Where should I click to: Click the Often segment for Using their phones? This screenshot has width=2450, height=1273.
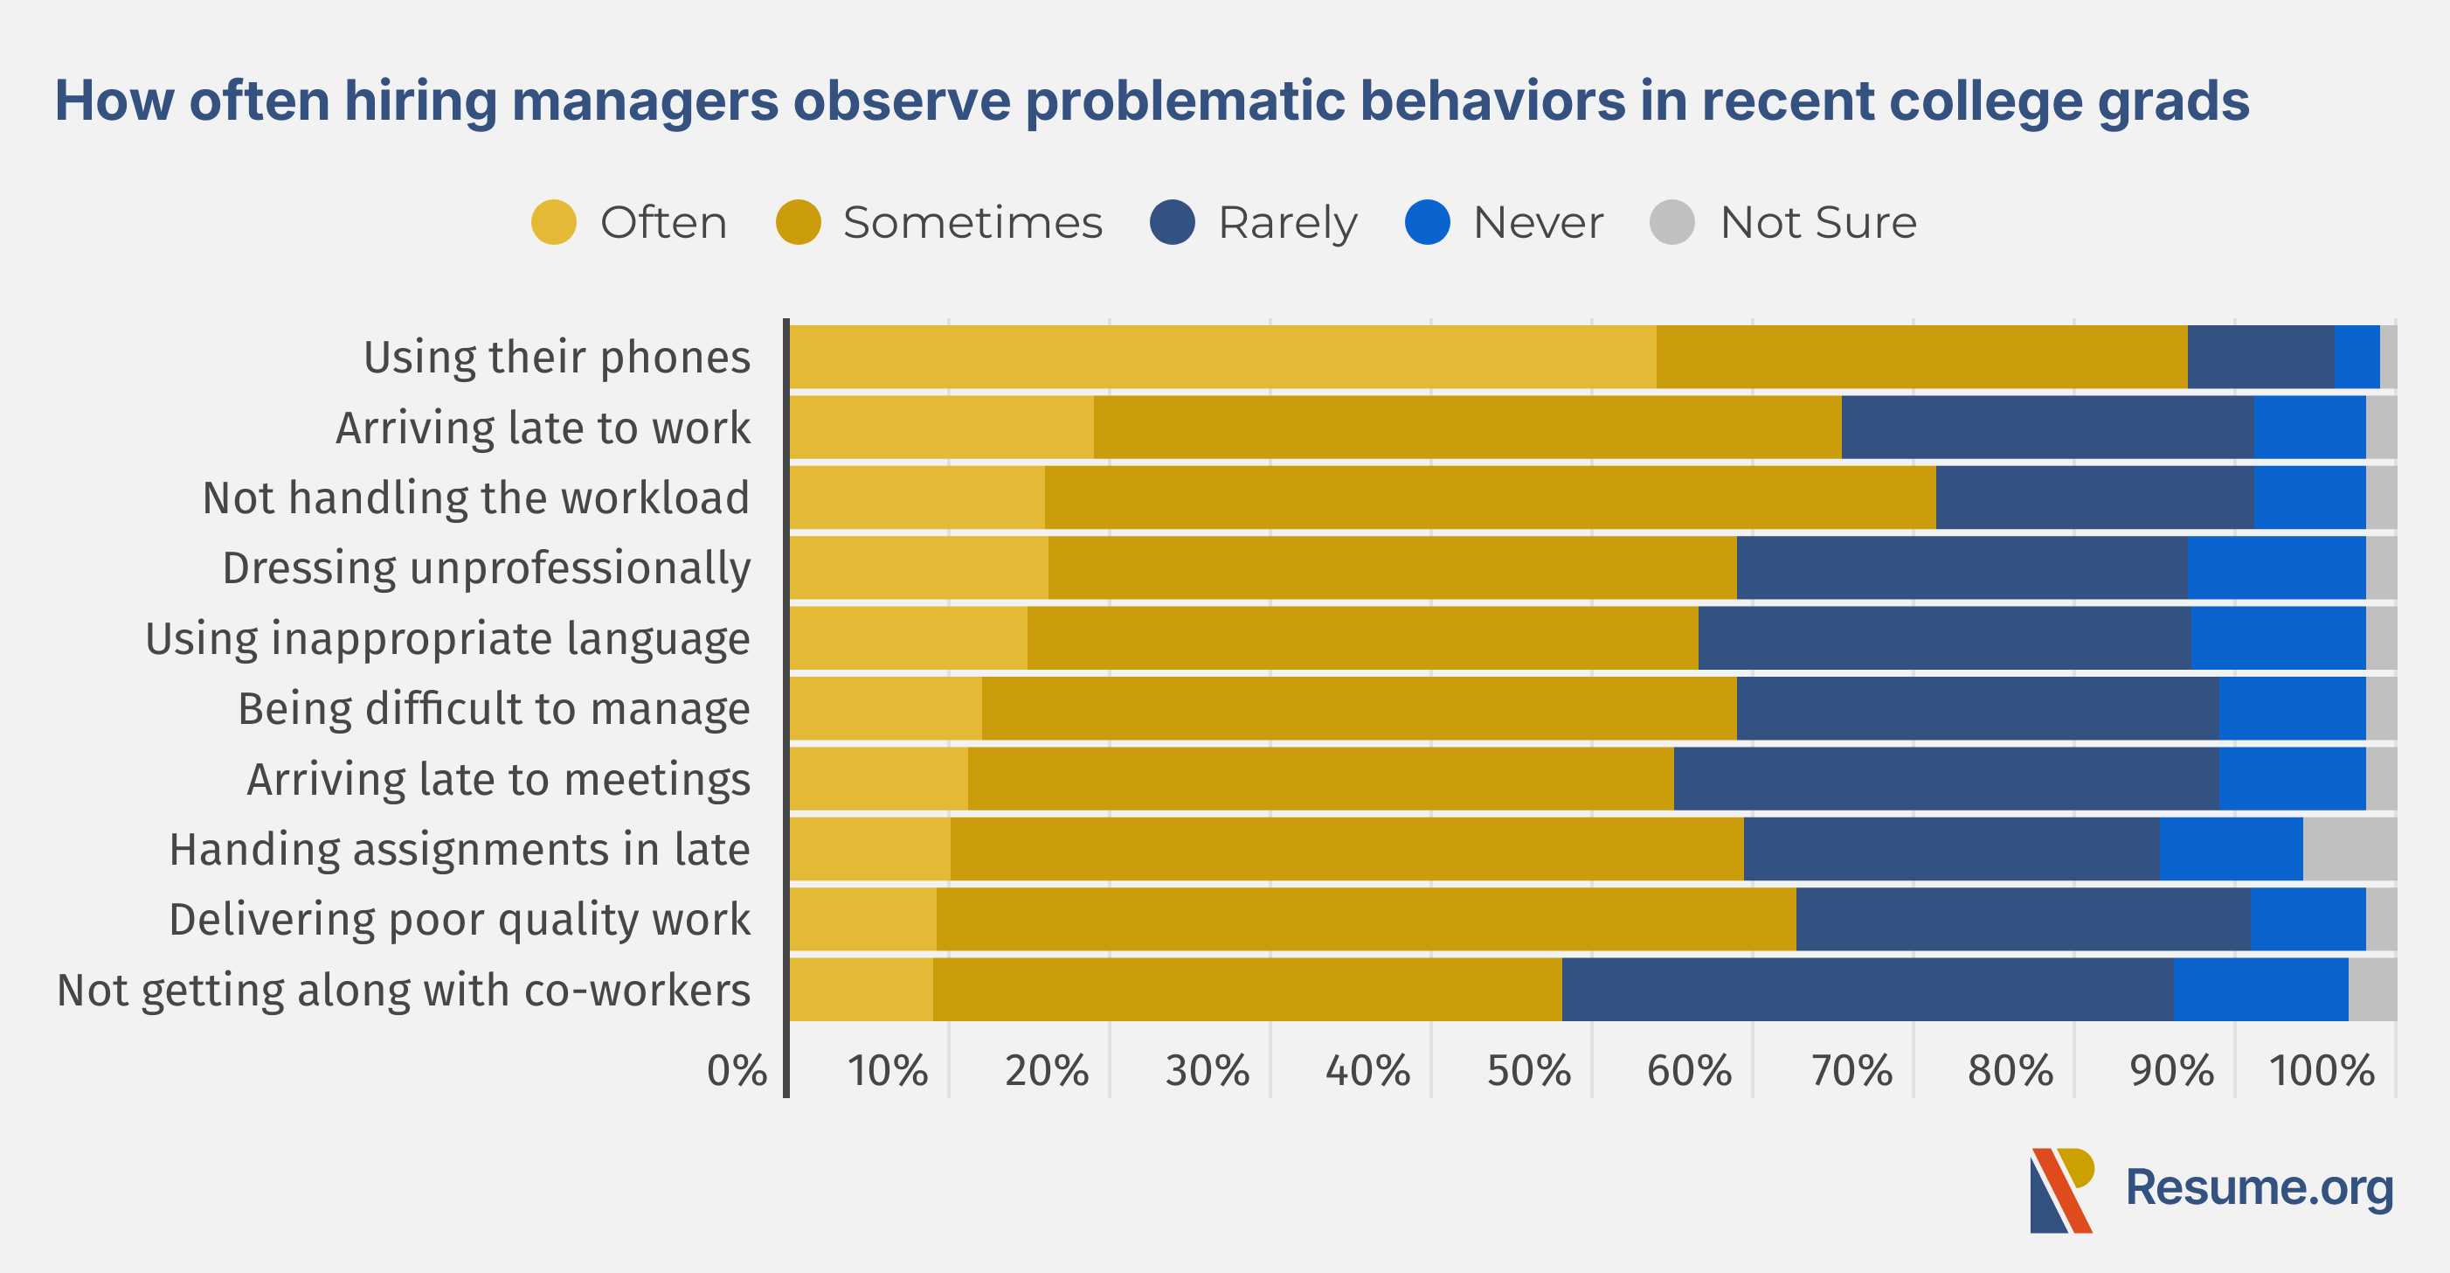tap(1223, 357)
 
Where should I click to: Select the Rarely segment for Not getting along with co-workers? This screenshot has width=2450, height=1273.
tap(1867, 990)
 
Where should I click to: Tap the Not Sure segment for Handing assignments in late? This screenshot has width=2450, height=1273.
tap(2350, 849)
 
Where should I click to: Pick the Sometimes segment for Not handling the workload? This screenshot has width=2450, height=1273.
tap(1491, 497)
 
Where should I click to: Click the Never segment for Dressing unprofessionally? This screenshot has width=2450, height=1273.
tap(2276, 568)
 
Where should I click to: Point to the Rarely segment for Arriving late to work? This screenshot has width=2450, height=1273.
tap(2046, 428)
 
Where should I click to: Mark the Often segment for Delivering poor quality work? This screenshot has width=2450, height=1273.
tap(863, 919)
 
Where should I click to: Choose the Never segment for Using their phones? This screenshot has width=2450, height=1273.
tap(2357, 357)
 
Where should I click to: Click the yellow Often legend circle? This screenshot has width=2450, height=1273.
tap(554, 223)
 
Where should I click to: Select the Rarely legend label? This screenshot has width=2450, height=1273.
tap(1288, 224)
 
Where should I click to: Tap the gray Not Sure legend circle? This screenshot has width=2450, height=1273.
tap(1672, 223)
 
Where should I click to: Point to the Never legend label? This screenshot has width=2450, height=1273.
tap(1538, 223)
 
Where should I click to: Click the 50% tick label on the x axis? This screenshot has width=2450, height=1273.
tap(1528, 1070)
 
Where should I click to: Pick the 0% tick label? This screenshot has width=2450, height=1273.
tap(737, 1070)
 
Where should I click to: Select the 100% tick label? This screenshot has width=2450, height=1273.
tap(2322, 1070)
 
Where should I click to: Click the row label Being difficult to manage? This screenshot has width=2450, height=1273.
tap(494, 709)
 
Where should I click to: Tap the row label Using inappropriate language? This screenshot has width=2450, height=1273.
tap(447, 638)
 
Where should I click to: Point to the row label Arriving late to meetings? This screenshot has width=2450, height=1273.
tap(498, 779)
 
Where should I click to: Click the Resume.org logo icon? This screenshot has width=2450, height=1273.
tap(2062, 1190)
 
